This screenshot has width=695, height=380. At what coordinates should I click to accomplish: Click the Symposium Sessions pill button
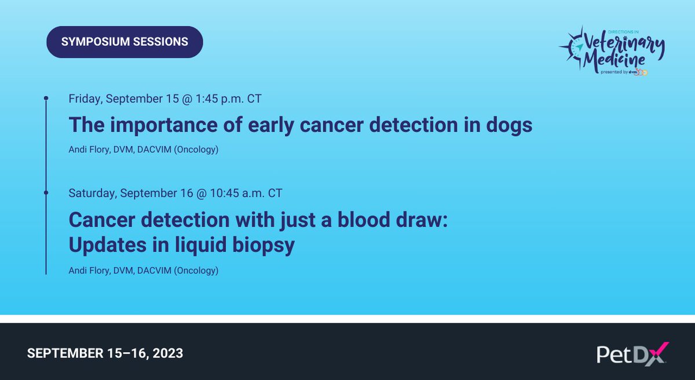(125, 42)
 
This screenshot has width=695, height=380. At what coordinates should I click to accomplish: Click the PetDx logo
(632, 353)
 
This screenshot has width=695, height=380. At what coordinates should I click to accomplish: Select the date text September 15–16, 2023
(105, 353)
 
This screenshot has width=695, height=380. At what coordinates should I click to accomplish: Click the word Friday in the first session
(85, 98)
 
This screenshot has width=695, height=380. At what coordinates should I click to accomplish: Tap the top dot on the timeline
(46, 98)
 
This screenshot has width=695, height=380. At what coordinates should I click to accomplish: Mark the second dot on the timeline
(46, 191)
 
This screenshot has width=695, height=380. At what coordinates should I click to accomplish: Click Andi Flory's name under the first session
(89, 151)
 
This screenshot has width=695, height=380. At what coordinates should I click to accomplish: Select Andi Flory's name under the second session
(89, 271)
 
